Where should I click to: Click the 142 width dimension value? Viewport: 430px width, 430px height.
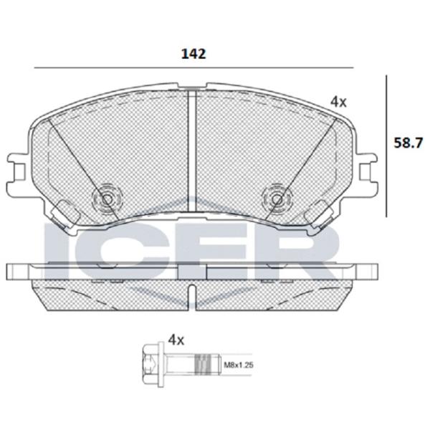pyautogui.click(x=193, y=54)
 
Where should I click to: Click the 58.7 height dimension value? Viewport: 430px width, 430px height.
pyautogui.click(x=408, y=143)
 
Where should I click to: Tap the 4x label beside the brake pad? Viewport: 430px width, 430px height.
pyautogui.click(x=338, y=102)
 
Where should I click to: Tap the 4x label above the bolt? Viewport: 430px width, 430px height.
pyautogui.click(x=176, y=340)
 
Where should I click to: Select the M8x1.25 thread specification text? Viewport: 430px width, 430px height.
pyautogui.click(x=239, y=365)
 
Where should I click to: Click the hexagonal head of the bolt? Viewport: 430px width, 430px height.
pyautogui.click(x=150, y=365)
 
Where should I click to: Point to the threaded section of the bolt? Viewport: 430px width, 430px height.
pyautogui.click(x=203, y=365)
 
